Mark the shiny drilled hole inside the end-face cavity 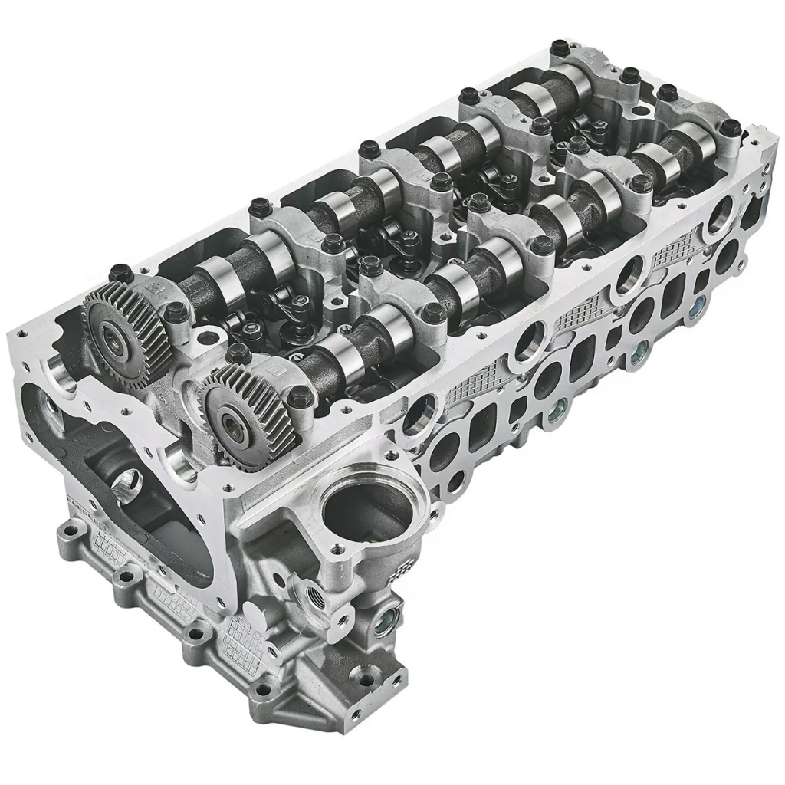[123, 481]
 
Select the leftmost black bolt [119, 272]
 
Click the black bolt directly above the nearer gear [238, 353]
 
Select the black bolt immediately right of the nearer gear [300, 395]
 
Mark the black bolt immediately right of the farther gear [176, 310]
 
